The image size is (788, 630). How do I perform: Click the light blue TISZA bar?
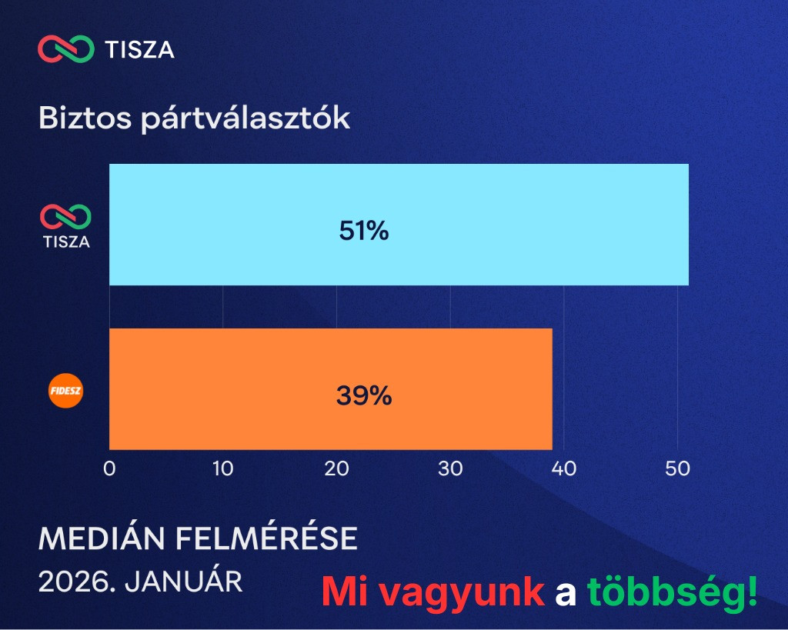399,225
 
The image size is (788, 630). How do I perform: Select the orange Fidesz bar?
331,389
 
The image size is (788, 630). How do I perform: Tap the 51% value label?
364,231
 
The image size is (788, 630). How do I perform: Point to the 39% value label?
364,395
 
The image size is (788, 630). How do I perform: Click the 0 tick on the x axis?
109,468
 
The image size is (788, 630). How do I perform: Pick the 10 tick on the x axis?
222,468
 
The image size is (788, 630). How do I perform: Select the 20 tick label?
337,468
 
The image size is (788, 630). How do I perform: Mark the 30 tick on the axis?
450,468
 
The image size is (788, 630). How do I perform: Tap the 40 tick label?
564,468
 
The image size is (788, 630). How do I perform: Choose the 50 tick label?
677,468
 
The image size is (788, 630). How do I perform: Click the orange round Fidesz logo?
66,390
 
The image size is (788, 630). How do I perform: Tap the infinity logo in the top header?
66,48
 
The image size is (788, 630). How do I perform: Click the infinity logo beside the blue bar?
66,216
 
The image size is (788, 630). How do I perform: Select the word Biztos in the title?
85,118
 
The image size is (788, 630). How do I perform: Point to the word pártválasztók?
245,119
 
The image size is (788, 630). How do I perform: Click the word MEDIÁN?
102,538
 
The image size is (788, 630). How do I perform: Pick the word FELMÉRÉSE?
266,538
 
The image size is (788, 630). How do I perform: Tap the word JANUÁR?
183,582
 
